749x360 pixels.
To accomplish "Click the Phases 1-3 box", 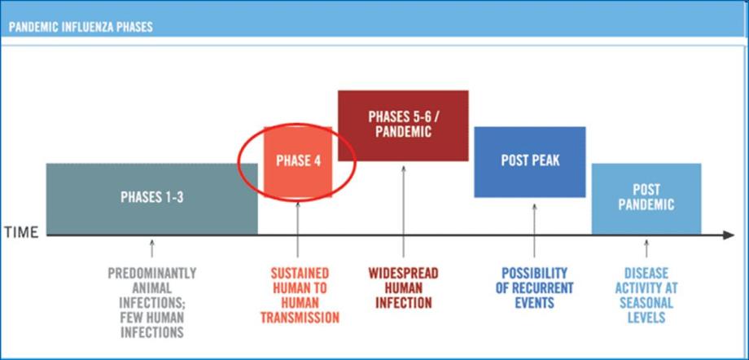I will click(x=151, y=198).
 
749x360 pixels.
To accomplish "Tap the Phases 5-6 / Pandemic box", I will click(x=403, y=125).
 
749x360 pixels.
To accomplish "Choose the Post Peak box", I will click(x=530, y=161).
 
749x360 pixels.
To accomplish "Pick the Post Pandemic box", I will click(x=646, y=198).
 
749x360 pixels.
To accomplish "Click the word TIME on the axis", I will click(x=22, y=233).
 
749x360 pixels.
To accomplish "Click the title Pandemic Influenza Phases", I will click(x=81, y=27).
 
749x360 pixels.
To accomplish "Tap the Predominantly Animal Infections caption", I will click(x=151, y=302).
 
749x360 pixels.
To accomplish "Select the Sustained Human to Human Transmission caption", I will click(x=299, y=295).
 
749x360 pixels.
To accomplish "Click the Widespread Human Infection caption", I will click(x=404, y=288).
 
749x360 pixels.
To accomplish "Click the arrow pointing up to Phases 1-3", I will click(x=152, y=248).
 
